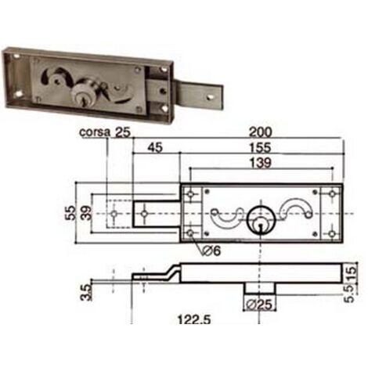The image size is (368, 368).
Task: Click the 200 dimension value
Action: pyautogui.click(x=260, y=132)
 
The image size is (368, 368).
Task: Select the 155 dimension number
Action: pyautogui.click(x=260, y=148)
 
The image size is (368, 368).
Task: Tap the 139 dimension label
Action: pyautogui.click(x=261, y=163)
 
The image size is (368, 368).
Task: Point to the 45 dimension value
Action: pyautogui.click(x=155, y=147)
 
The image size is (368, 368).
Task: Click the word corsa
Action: pyautogui.click(x=95, y=132)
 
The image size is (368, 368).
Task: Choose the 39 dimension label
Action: pyautogui.click(x=87, y=213)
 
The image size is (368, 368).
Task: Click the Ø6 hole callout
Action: pyautogui.click(x=211, y=251)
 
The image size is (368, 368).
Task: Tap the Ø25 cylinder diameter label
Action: pyautogui.click(x=259, y=305)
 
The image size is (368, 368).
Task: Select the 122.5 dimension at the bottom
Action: pyautogui.click(x=193, y=319)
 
